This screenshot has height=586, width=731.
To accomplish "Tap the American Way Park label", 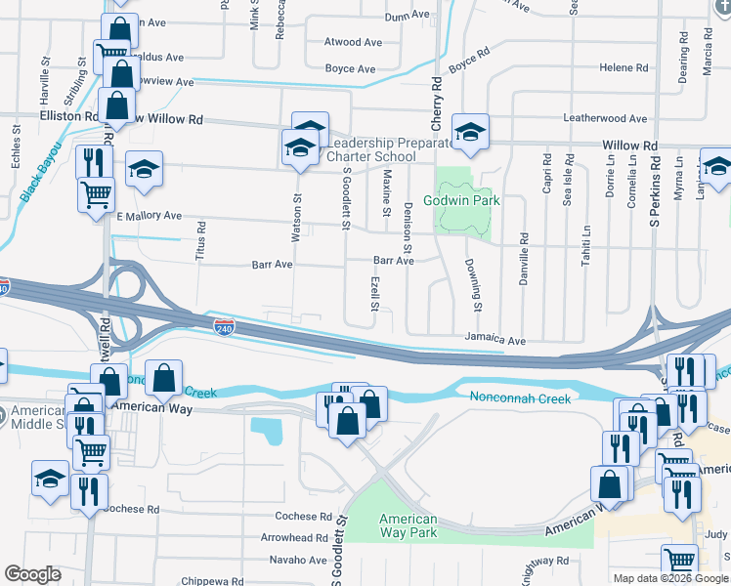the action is (x=408, y=525).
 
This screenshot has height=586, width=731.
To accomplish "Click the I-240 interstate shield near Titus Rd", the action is (x=224, y=325).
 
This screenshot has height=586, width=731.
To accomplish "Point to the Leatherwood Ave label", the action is (x=605, y=119).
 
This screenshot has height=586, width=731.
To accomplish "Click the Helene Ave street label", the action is (x=624, y=67).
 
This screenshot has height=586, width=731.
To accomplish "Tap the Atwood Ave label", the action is (x=353, y=43).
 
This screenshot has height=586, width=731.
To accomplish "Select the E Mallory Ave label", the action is (x=149, y=216).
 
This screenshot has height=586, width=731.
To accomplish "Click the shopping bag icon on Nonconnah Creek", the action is (x=165, y=377).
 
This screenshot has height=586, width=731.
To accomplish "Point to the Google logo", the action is (x=32, y=574).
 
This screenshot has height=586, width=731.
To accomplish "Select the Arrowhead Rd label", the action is (x=294, y=537).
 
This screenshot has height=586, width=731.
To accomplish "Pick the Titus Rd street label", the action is (x=200, y=238).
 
